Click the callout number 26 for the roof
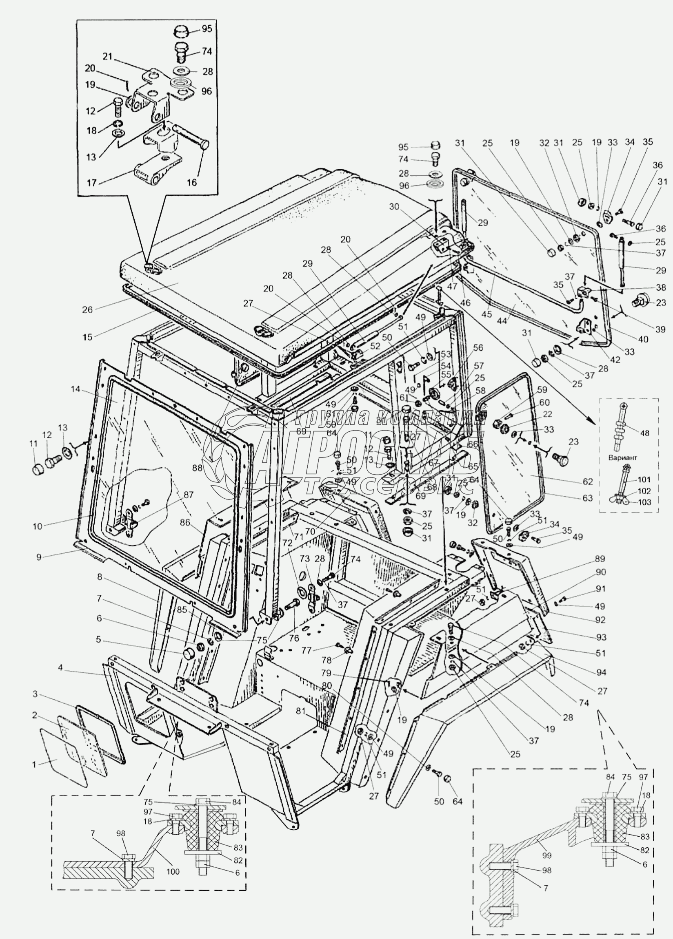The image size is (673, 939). point(87,309)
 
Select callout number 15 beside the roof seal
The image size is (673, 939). point(87,337)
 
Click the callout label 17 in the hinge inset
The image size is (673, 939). point(91,183)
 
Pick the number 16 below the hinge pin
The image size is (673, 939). point(191,182)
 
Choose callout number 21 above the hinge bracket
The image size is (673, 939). point(108,57)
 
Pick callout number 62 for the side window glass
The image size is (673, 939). point(588,482)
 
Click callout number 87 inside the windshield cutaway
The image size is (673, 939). point(189,494)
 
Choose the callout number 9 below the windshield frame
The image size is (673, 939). point(39,557)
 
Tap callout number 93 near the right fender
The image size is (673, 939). point(601,637)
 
